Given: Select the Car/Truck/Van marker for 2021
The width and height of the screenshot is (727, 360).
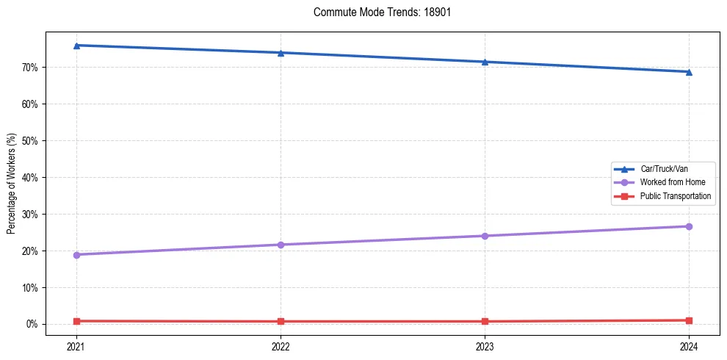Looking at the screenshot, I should coord(76,46).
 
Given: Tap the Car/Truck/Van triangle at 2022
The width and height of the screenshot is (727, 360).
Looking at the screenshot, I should coord(281,53).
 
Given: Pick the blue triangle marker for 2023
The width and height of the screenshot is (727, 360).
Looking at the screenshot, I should coord(485,62).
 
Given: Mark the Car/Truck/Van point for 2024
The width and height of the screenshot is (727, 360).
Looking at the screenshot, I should coord(689,72).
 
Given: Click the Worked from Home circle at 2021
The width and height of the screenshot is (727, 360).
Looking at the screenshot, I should coord(76,255).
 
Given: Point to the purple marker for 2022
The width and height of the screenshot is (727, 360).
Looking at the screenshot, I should coord(281,245).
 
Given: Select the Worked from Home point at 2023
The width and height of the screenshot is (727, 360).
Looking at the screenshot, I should coord(485,236).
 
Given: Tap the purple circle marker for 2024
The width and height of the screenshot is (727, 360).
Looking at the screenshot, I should coord(689,226).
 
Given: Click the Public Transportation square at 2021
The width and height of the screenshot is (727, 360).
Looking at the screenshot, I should coord(76,321).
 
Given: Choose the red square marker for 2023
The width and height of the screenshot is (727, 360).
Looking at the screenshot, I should coord(485,321).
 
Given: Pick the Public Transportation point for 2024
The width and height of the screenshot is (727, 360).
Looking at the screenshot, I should coord(689,320).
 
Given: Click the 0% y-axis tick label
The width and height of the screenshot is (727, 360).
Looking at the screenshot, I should coord(32,324).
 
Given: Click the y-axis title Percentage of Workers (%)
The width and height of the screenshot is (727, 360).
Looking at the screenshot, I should coord(11,184).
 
